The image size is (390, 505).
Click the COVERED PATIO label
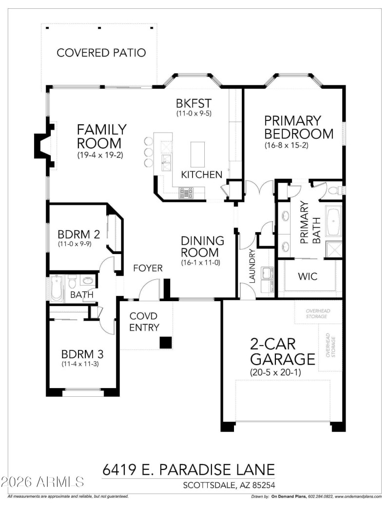point(101,53)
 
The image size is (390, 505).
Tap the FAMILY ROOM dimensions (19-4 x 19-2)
point(101,156)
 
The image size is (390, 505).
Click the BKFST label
point(194,103)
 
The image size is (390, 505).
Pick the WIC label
point(307,277)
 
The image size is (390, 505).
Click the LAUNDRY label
point(252,266)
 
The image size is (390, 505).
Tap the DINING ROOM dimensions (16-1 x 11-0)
point(202,262)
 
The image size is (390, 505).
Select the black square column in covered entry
point(166,342)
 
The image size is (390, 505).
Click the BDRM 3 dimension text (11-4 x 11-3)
point(80,364)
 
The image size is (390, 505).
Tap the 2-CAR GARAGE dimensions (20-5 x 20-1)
point(282,373)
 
